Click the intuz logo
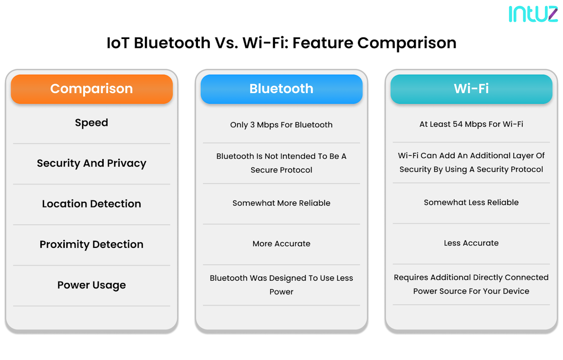533,14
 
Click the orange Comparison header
91,89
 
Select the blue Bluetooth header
281,89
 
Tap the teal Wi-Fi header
471,89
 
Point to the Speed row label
91,123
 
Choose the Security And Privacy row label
91,163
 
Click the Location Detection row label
91,204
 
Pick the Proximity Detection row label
91,245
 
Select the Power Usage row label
91,285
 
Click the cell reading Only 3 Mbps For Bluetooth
281,125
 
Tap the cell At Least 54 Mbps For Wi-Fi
471,124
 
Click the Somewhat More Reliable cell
281,203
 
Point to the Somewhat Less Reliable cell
471,203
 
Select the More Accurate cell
281,244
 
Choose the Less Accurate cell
471,243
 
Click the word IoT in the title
118,43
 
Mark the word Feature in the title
323,43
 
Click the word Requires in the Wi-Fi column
411,277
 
